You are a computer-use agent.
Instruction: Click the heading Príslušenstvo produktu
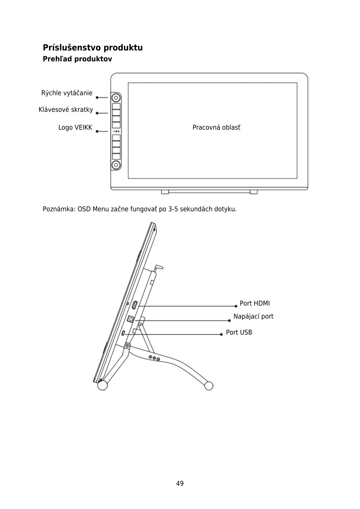tap(92, 48)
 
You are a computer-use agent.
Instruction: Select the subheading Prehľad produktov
tap(77, 59)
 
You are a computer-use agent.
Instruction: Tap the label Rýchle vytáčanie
tap(67, 93)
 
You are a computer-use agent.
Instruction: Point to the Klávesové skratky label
tap(66, 110)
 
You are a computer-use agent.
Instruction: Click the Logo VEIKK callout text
tap(75, 128)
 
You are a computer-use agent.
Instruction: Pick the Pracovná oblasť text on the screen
tap(216, 128)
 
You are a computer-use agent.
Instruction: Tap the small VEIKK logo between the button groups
tap(116, 131)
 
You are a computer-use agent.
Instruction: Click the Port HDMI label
tap(255, 303)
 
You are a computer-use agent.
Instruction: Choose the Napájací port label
tap(253, 316)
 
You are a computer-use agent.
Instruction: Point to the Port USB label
tap(239, 332)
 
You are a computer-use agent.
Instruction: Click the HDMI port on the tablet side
tap(135, 306)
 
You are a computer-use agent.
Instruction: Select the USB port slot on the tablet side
tap(124, 333)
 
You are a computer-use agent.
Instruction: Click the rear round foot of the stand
tap(209, 386)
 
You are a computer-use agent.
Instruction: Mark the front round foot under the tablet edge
tap(102, 385)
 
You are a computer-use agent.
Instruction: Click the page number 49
tap(180, 483)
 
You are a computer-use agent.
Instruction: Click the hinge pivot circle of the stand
tap(128, 345)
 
